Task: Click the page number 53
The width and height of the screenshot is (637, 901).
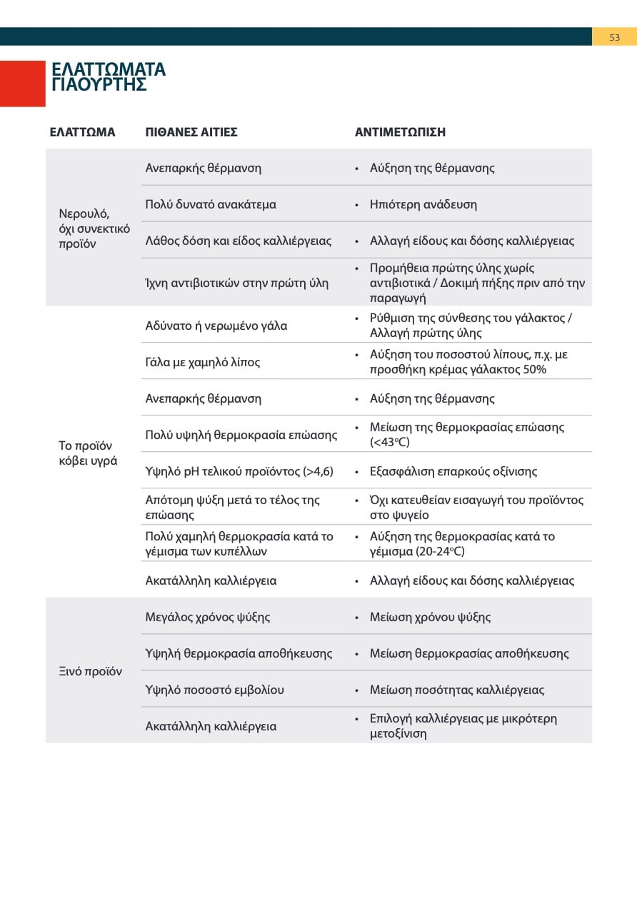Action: (x=614, y=37)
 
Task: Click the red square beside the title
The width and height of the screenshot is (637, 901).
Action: (x=23, y=84)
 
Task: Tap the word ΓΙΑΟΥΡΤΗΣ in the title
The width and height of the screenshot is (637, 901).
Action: (x=99, y=85)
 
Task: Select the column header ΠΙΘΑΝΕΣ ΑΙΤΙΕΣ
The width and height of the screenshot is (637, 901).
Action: (x=191, y=132)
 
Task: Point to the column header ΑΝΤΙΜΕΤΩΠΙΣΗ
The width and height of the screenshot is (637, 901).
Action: (x=400, y=132)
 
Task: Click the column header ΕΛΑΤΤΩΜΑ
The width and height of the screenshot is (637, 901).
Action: (x=82, y=132)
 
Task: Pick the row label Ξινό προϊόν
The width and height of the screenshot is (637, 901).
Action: (x=90, y=671)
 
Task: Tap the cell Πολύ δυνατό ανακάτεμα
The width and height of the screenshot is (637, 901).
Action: (x=211, y=204)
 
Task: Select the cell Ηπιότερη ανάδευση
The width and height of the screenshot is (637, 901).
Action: (x=423, y=204)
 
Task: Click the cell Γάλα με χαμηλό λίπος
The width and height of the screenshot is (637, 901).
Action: (x=203, y=362)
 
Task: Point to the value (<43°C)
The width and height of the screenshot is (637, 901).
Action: (x=390, y=442)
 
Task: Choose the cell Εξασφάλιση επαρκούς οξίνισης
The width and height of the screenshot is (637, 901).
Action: (x=453, y=471)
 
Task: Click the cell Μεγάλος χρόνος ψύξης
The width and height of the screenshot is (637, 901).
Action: (x=208, y=617)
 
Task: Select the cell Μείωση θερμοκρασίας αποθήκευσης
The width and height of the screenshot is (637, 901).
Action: (x=469, y=653)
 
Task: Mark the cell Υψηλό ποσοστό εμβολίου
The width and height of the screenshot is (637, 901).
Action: (x=215, y=690)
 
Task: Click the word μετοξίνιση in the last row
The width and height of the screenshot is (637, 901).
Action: (x=398, y=733)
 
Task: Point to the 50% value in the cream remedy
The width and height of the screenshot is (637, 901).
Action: (x=533, y=369)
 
